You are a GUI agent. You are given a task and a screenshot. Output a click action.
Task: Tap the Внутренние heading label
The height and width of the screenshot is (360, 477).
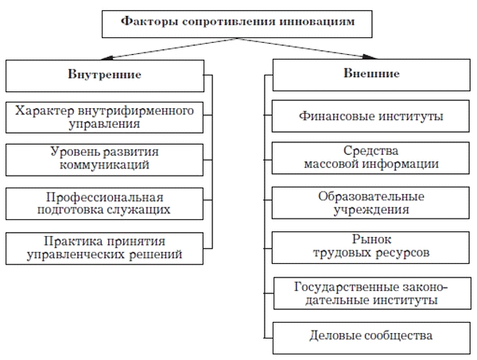pyautogui.click(x=105, y=75)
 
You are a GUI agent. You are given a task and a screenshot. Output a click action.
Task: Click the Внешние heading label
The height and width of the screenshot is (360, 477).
pyautogui.click(x=371, y=73)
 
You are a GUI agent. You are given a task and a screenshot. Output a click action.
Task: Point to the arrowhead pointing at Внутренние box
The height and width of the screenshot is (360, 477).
pyautogui.click(x=107, y=58)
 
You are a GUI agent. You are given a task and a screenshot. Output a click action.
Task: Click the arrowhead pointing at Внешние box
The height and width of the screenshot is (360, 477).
pyautogui.click(x=370, y=57)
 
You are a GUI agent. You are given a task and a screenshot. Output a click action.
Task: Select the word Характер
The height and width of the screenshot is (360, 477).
pyautogui.click(x=45, y=110)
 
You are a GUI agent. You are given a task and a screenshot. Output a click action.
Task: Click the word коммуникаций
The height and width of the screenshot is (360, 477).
pyautogui.click(x=104, y=165)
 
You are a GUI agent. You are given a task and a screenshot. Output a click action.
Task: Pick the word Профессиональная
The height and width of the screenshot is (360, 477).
pyautogui.click(x=105, y=198)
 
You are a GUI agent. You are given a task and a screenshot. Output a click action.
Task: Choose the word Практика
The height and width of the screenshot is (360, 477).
pyautogui.click(x=74, y=242)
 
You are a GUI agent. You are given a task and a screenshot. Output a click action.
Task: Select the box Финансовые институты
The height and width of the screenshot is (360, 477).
pyautogui.click(x=370, y=116)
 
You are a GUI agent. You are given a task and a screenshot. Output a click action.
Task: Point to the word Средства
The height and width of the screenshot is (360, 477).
pyautogui.click(x=370, y=151)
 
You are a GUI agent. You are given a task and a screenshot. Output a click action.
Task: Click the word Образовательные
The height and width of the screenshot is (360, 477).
pyautogui.click(x=371, y=196)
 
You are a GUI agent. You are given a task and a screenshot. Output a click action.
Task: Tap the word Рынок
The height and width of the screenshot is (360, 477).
pyautogui.click(x=371, y=239)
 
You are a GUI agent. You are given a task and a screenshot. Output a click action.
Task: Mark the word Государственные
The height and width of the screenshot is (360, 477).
pyautogui.click(x=347, y=287)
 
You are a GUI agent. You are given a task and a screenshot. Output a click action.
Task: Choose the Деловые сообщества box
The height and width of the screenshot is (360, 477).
pyautogui.click(x=371, y=338)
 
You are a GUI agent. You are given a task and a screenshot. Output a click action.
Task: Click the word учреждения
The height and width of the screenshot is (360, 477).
pyautogui.click(x=371, y=210)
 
